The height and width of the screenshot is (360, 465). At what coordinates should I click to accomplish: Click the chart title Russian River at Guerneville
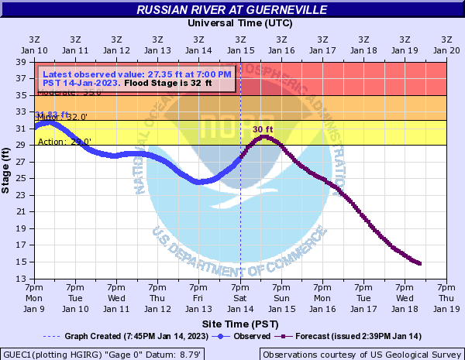(232, 10)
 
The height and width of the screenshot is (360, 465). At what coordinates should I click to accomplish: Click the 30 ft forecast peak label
(263, 129)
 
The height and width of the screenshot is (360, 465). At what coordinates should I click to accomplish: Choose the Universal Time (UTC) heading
(240, 23)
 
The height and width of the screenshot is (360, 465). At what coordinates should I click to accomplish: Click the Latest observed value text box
(136, 78)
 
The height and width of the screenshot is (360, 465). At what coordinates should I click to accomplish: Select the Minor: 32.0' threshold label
(62, 117)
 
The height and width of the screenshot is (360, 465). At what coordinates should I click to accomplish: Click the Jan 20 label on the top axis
(446, 44)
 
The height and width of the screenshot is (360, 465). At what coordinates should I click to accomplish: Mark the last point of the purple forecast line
(420, 264)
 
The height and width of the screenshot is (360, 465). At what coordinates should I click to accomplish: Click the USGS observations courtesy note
(361, 354)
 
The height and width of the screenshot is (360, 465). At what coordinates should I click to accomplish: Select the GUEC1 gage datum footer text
(103, 354)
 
